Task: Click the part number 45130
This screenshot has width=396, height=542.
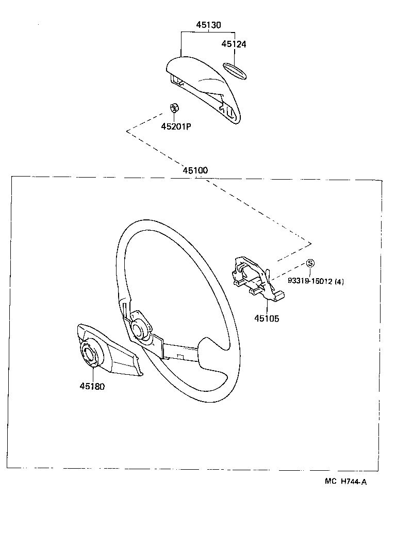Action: pos(208,25)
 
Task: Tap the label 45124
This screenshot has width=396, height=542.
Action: pos(234,44)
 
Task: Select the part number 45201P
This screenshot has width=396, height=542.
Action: pos(176,126)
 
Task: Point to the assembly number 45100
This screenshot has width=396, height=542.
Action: pos(195,170)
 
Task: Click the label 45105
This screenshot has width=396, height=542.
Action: pos(267,318)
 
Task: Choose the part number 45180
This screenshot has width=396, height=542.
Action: pos(92,386)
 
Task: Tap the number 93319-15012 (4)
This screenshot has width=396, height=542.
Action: pos(316,281)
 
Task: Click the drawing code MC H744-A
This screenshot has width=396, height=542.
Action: pos(345,482)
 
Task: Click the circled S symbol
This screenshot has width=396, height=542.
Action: pos(310,263)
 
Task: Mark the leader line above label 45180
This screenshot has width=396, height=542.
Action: pos(93,375)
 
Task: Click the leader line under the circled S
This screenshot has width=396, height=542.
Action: pos(310,273)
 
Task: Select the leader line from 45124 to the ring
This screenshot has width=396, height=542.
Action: pos(235,55)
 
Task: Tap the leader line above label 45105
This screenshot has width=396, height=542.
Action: pos(267,307)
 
